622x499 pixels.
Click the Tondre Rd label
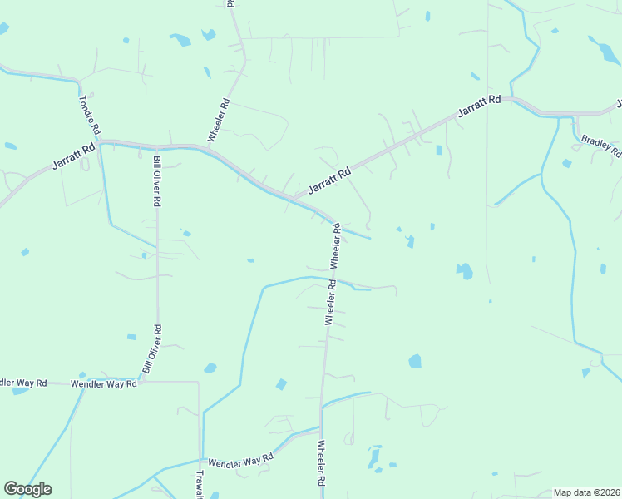click(90, 115)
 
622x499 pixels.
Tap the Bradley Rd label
click(600, 146)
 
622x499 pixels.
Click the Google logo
click(27, 489)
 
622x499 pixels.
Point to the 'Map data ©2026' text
click(586, 492)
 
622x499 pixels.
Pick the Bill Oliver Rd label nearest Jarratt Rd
click(156, 180)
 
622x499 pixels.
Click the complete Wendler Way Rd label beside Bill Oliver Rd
click(103, 384)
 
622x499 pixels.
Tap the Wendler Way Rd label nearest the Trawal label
click(240, 460)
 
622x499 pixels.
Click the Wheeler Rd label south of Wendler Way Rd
click(321, 464)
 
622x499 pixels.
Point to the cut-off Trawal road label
click(200, 485)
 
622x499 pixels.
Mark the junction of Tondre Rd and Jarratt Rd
click(99, 143)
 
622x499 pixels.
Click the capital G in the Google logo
click(11, 489)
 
